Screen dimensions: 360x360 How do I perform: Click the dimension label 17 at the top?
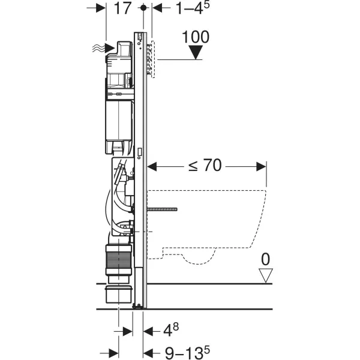tap(122, 8)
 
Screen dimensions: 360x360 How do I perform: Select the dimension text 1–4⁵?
tap(193, 8)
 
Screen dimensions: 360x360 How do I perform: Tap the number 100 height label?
tap(196, 37)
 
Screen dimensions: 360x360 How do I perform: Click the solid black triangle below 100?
tap(196, 52)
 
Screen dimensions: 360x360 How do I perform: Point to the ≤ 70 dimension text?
tap(205, 165)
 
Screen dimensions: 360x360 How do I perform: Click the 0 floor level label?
tap(266, 259)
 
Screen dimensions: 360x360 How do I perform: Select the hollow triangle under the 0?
tap(266, 275)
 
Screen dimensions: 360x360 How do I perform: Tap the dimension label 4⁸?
tap(171, 330)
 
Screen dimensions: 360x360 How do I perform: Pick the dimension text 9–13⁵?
tap(187, 352)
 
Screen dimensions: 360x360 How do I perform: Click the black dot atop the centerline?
tap(143, 8)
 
